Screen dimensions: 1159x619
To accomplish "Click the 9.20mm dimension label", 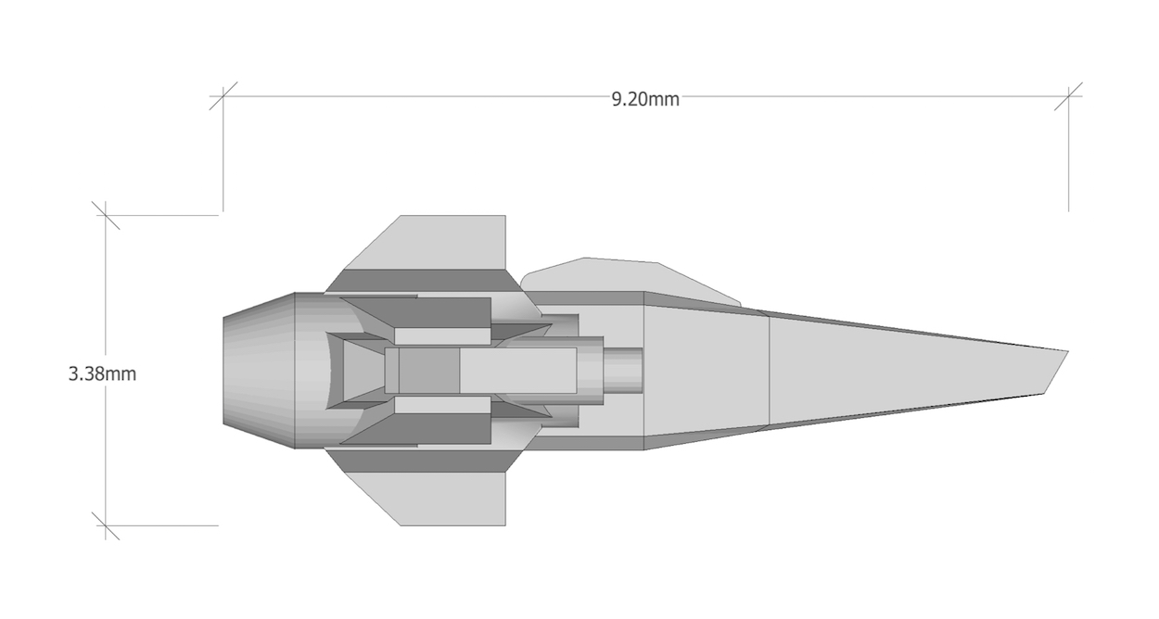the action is [x=645, y=99].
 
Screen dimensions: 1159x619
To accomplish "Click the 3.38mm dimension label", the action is [x=102, y=373].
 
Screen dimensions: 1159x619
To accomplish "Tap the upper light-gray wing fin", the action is [x=435, y=242].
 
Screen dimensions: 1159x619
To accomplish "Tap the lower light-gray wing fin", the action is [x=435, y=499].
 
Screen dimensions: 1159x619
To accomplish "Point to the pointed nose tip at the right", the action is [x=1068, y=351].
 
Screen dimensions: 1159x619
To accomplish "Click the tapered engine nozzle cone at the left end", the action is [x=259, y=371].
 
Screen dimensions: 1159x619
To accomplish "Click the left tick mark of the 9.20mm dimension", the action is [x=223, y=96].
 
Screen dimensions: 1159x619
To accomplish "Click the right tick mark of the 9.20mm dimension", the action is [x=1068, y=96].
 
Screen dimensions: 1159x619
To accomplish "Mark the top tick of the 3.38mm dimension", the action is [x=106, y=215].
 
